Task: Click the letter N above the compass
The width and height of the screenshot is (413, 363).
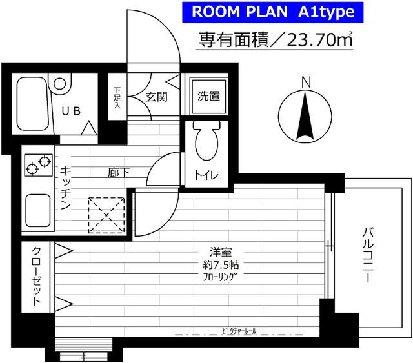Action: click(307, 81)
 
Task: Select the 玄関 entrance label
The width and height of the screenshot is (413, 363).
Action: click(157, 97)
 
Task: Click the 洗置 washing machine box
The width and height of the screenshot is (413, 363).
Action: click(208, 97)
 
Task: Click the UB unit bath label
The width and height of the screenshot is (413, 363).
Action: click(71, 111)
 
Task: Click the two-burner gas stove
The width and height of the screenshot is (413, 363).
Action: click(37, 165)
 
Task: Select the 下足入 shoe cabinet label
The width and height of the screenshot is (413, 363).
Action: click(117, 99)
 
